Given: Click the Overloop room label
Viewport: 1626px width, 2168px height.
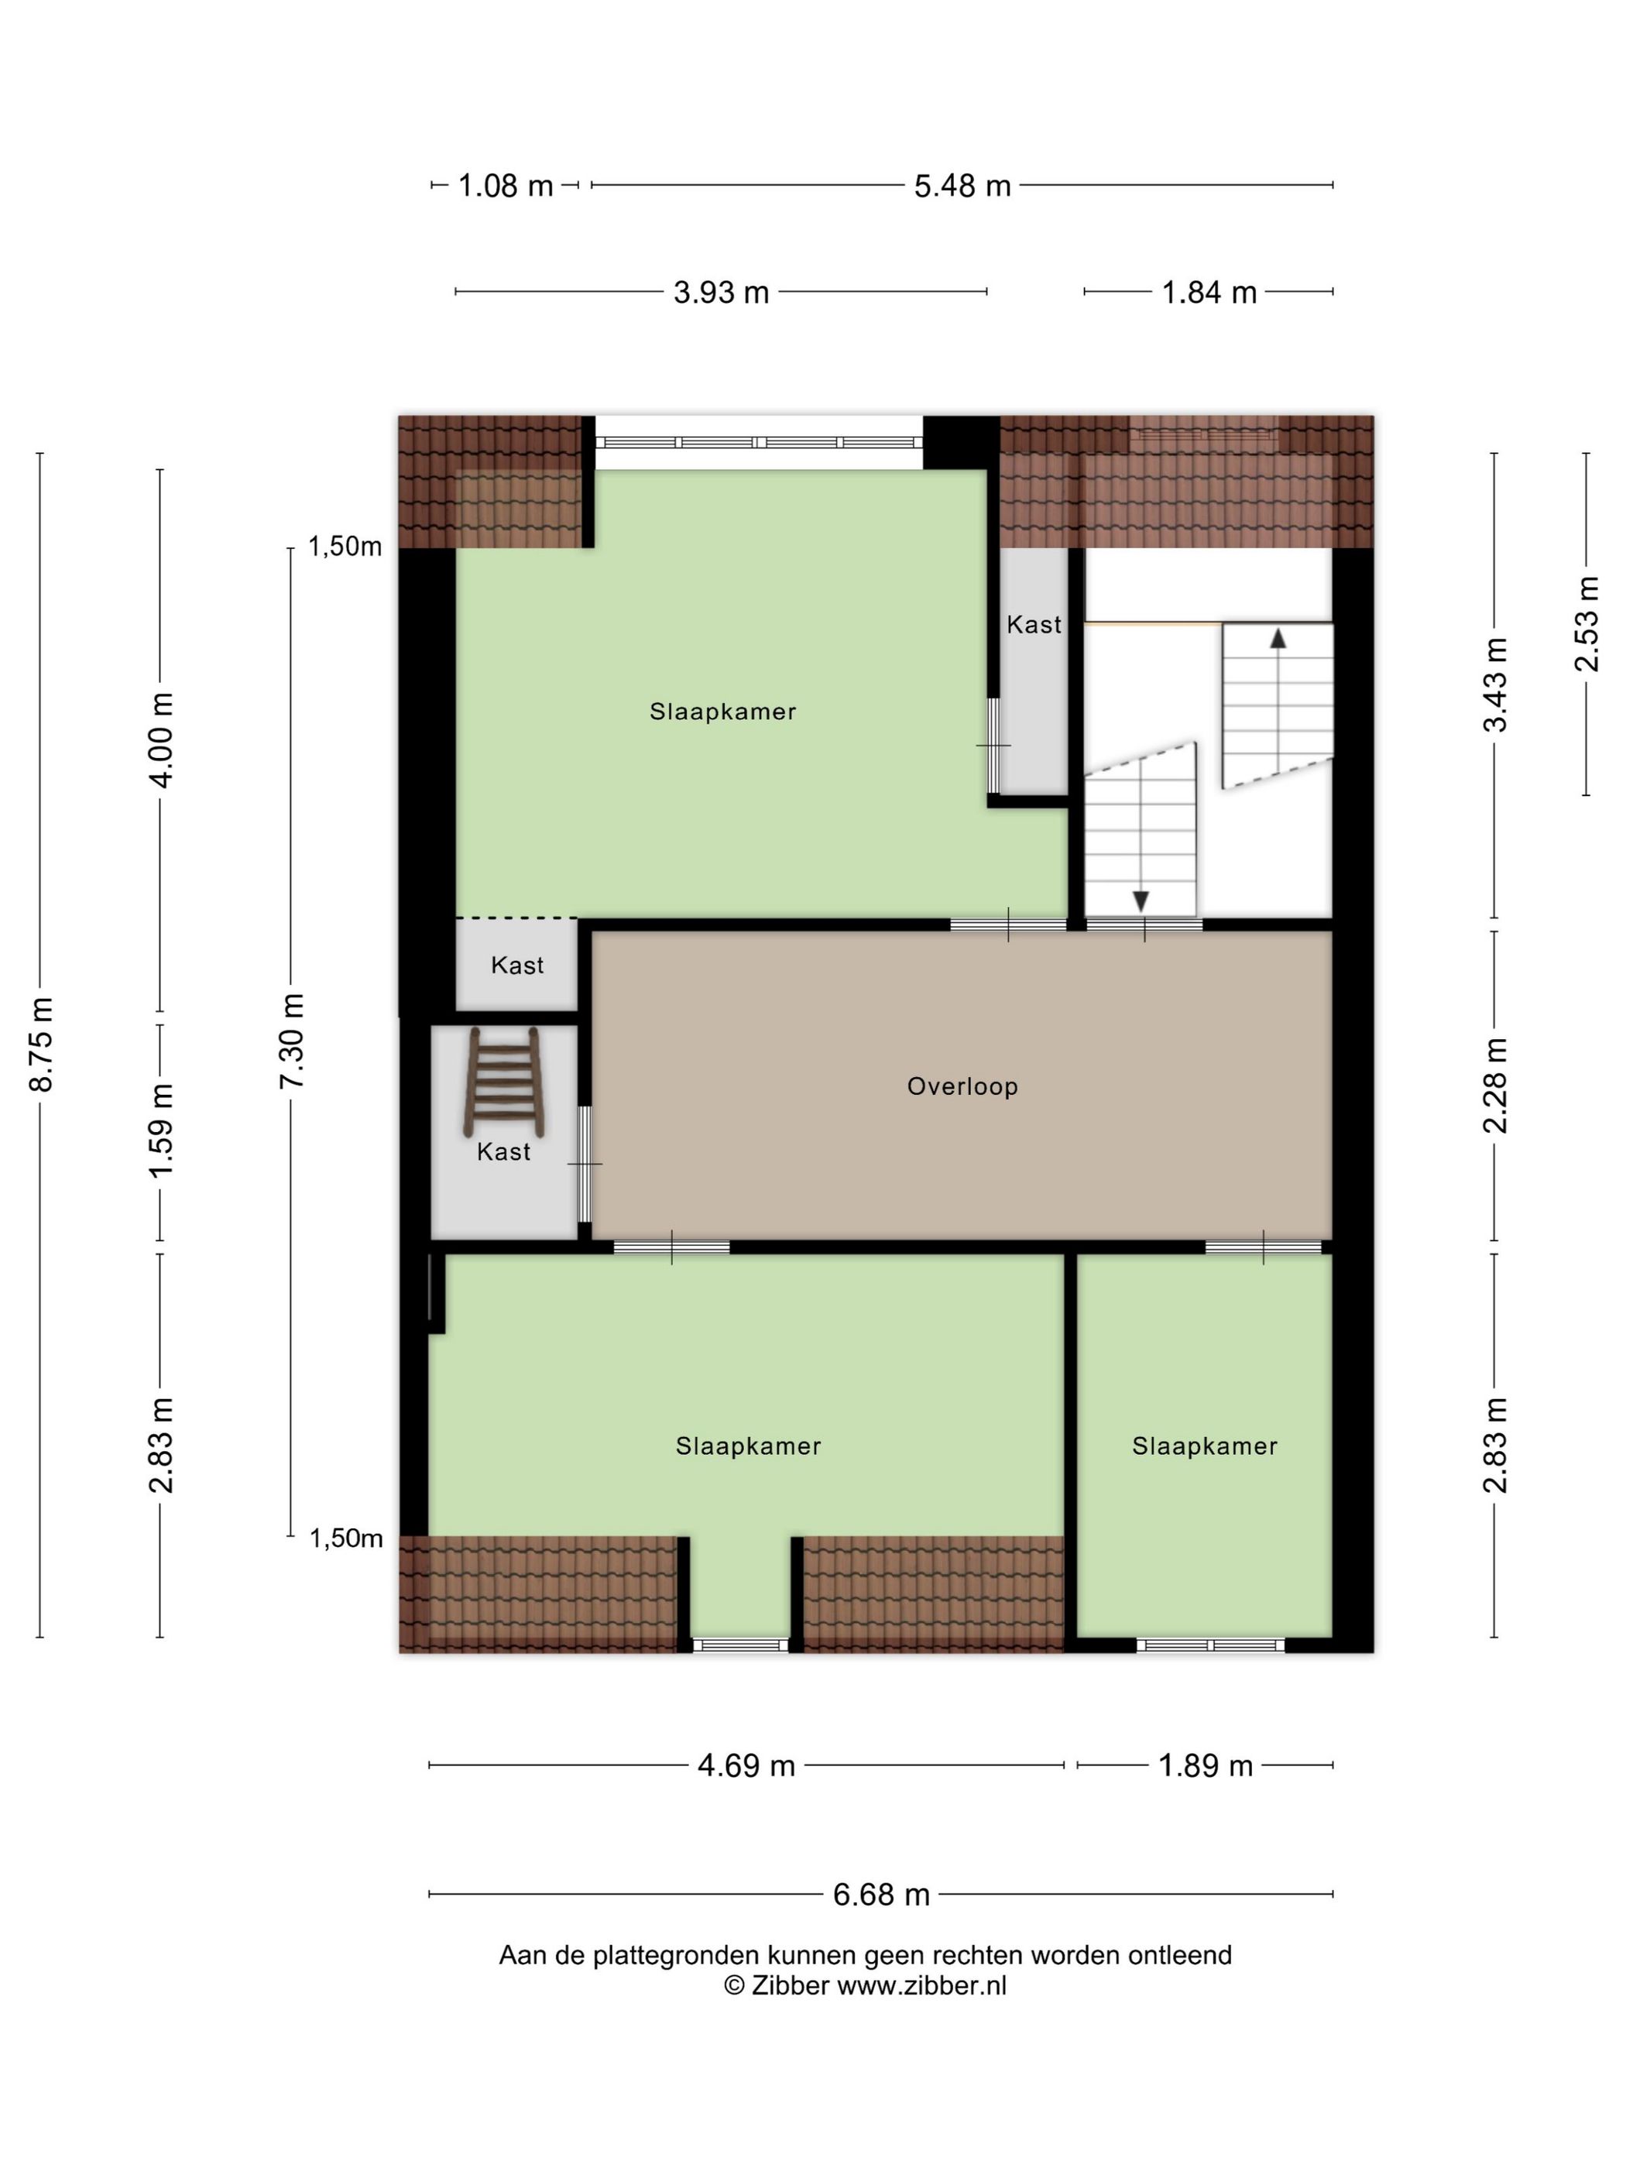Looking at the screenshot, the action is click(962, 1086).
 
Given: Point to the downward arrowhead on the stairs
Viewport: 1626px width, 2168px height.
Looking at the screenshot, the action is click(1140, 900).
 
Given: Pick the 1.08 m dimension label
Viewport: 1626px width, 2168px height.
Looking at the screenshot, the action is click(506, 185).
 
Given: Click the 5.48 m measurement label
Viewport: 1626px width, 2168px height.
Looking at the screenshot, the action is click(962, 185).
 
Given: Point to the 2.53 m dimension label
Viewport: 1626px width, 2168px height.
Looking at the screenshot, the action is click(1586, 624).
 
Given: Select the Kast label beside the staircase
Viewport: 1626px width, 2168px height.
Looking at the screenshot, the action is click(1034, 624).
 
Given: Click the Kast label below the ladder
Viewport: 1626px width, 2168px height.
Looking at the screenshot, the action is click(504, 1151).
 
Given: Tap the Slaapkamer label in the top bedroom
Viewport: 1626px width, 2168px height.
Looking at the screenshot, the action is click(722, 712).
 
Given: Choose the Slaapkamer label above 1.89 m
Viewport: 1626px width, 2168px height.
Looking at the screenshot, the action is click(1205, 1446).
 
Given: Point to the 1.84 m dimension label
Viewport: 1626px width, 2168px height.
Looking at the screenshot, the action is click(1209, 292).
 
